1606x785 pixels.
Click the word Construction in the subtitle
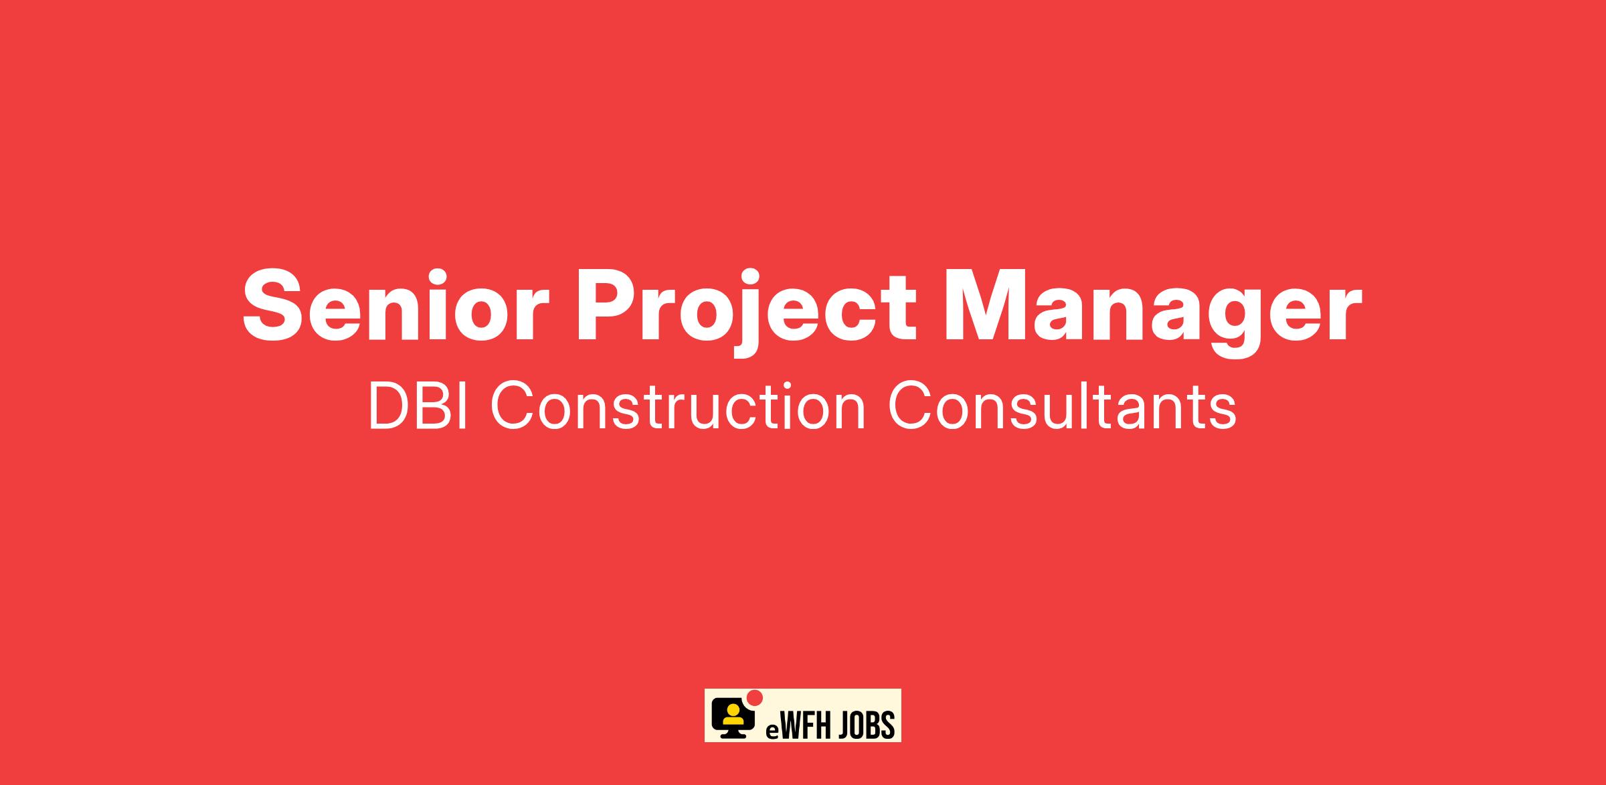[x=679, y=406]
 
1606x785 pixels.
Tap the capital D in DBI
[x=391, y=406]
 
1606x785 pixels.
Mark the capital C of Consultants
[x=910, y=406]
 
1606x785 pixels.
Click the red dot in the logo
[x=755, y=697]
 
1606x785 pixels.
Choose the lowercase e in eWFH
[x=771, y=729]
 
